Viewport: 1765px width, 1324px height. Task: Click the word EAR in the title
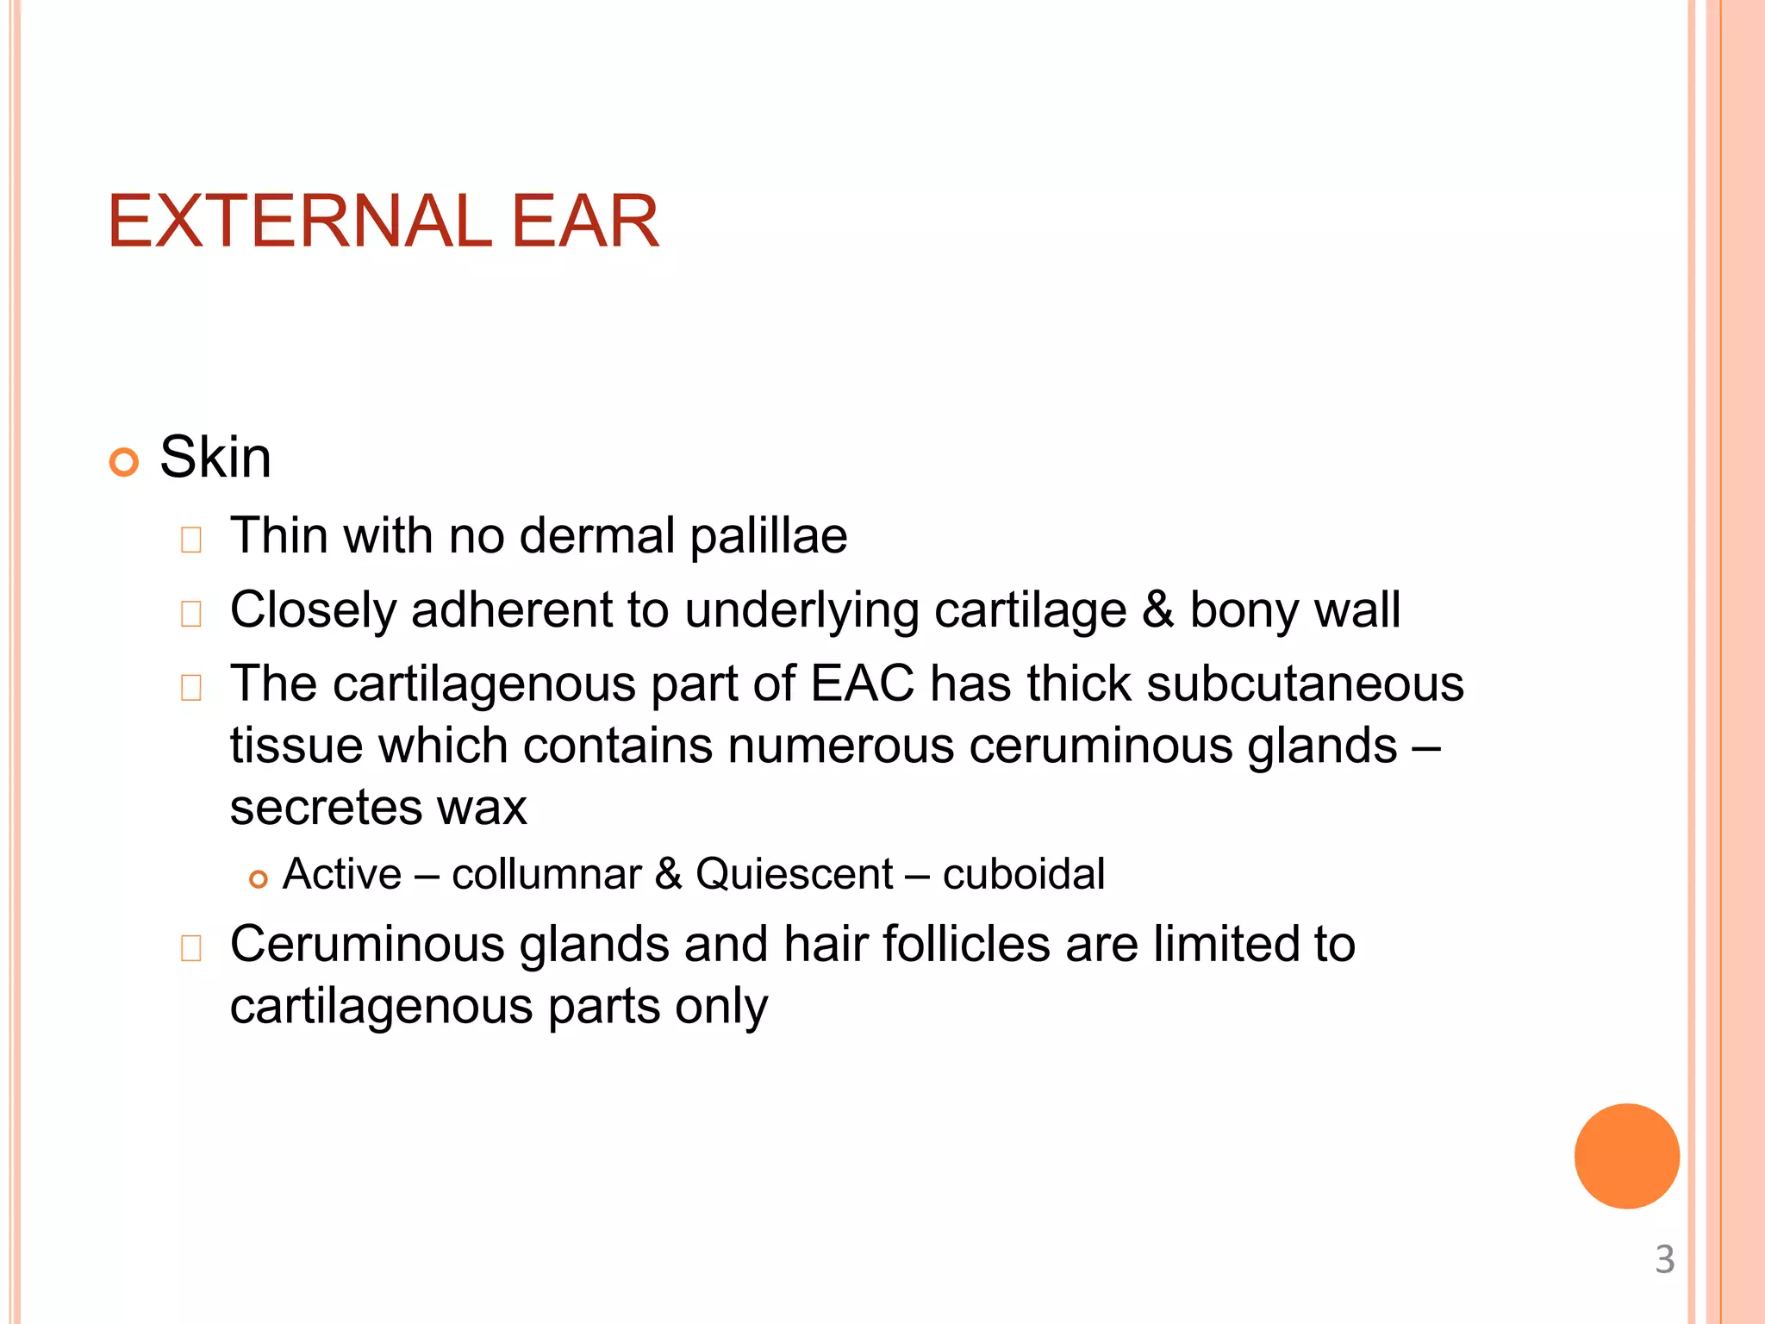[x=585, y=222]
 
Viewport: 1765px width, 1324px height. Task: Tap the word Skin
[x=215, y=457]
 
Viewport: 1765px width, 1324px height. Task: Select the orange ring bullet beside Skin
[x=124, y=463]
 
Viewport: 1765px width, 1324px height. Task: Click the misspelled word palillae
[x=769, y=536]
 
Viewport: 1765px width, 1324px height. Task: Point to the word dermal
[x=597, y=535]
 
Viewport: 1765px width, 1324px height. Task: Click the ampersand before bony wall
[x=1157, y=609]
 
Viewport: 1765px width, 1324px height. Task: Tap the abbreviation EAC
[x=862, y=684]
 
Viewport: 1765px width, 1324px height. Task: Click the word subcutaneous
[x=1305, y=684]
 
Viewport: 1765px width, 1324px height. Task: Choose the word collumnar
[x=546, y=874]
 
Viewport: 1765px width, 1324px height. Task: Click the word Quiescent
[x=794, y=874]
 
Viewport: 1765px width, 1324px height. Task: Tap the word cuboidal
[x=1023, y=874]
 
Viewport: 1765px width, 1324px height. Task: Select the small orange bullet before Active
[x=258, y=879]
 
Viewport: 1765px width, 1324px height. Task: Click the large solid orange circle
[x=1626, y=1156]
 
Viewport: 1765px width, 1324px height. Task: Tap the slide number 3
[x=1664, y=1259]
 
